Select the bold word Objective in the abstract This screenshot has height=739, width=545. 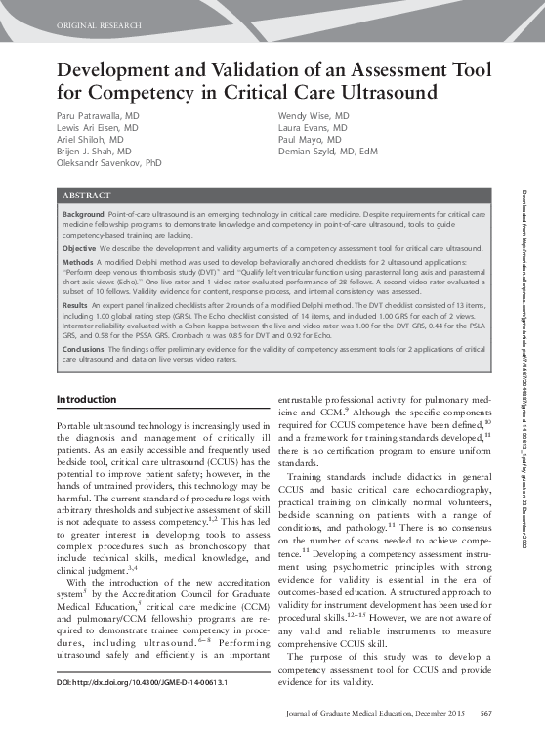79,248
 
